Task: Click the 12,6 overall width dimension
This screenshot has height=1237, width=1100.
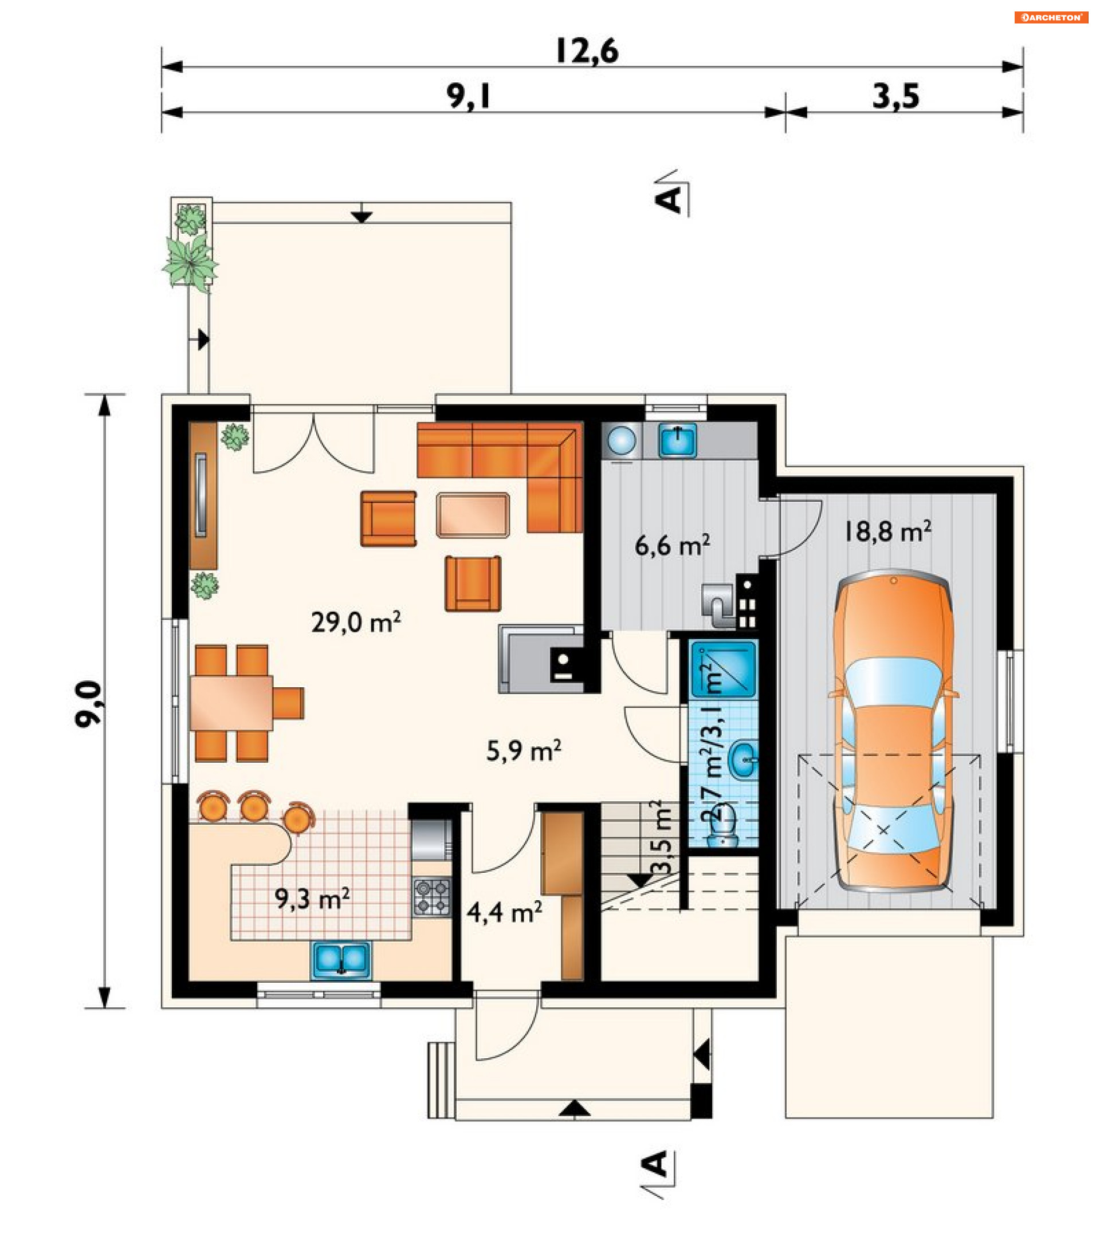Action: [587, 51]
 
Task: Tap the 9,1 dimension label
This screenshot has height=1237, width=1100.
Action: [469, 96]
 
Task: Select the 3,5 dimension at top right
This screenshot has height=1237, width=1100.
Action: [896, 96]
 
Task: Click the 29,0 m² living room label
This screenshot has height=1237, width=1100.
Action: [356, 622]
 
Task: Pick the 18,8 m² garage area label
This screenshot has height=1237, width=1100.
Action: [887, 531]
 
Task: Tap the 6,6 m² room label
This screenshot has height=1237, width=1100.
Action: [672, 545]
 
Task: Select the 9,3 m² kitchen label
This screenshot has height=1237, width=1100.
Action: [312, 899]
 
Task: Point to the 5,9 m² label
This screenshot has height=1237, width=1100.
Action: [524, 751]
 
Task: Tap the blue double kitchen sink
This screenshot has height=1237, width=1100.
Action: [341, 960]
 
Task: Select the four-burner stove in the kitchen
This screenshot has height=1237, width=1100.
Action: [432, 897]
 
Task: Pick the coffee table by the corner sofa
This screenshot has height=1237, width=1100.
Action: [473, 515]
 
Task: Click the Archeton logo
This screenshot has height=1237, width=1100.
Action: [1051, 18]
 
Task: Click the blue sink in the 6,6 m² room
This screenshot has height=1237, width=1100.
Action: [677, 440]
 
